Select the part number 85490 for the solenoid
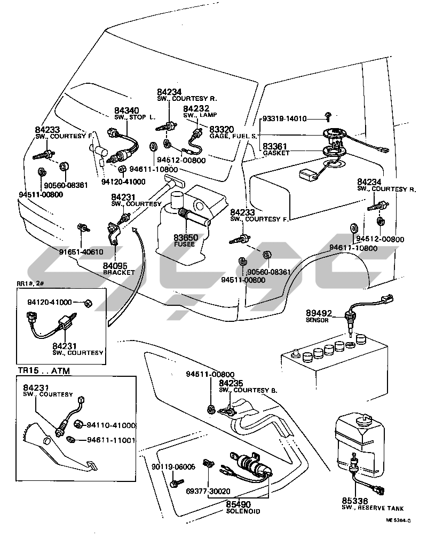tap(239, 503)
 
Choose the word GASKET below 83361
tap(276, 153)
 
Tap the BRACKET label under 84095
tap(119, 272)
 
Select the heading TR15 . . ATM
tap(46, 370)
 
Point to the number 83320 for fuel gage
tap(220, 129)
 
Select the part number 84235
tap(231, 383)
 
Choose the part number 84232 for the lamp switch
tap(194, 108)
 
